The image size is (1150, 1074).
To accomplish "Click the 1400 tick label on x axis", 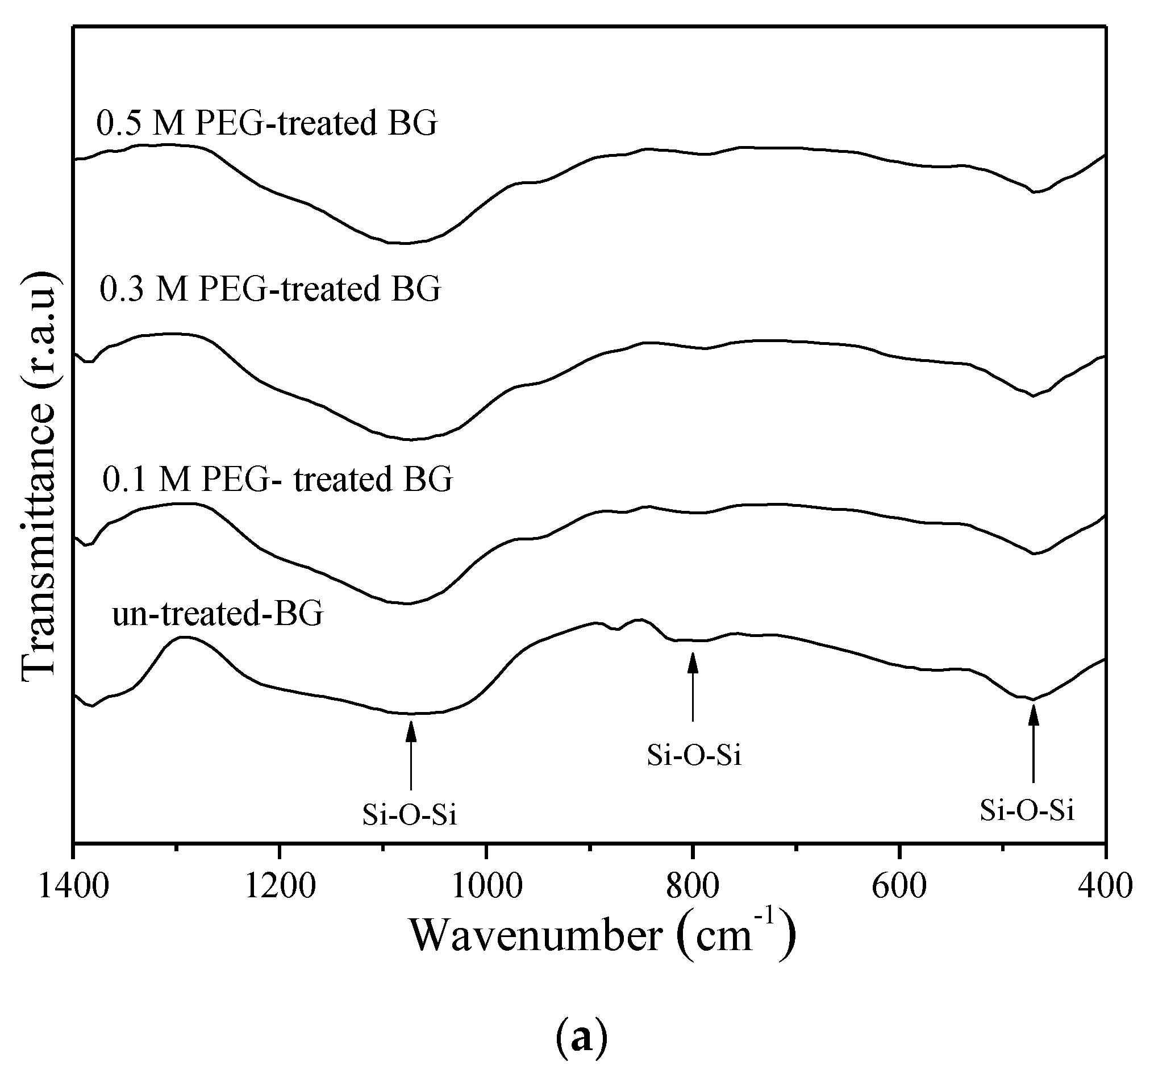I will click(x=73, y=886).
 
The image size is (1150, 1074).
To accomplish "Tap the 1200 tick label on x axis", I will click(x=280, y=886).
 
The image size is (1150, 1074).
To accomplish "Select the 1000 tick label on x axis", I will click(x=486, y=886).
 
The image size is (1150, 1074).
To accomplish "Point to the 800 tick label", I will click(x=693, y=886).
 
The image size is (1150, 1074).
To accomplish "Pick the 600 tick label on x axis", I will click(x=899, y=886).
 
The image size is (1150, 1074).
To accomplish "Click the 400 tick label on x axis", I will click(x=1105, y=886).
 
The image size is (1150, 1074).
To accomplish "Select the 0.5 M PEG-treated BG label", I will click(x=266, y=123).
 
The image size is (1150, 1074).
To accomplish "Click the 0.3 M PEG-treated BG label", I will click(x=270, y=289).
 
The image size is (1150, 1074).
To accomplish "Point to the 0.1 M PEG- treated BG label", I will click(x=278, y=479).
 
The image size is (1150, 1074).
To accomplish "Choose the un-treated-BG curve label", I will click(x=218, y=613).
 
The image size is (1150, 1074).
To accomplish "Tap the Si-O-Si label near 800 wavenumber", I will click(x=694, y=755).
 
